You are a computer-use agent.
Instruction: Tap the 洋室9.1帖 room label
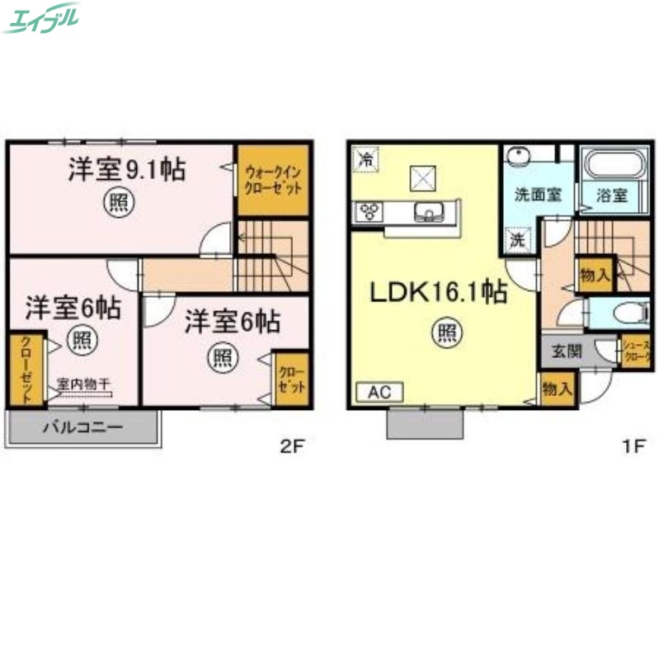[x=125, y=169]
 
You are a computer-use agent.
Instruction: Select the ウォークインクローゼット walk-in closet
[x=273, y=179]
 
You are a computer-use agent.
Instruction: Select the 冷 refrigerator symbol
[x=364, y=158]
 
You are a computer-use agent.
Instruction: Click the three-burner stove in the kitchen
[x=367, y=212]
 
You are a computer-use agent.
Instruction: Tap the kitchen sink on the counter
[x=429, y=212]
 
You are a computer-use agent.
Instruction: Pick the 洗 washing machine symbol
[x=516, y=241]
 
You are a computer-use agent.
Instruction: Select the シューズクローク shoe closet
[x=638, y=351]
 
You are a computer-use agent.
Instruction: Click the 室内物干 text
[x=85, y=383]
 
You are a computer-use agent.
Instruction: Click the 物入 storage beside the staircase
[x=594, y=275]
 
